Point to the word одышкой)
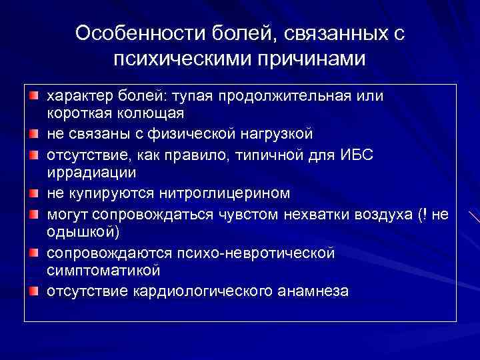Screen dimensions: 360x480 (83, 233)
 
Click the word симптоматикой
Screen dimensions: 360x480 (103, 271)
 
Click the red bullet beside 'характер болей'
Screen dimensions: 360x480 (34, 97)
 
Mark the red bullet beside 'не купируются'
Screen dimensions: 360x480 (34, 194)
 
